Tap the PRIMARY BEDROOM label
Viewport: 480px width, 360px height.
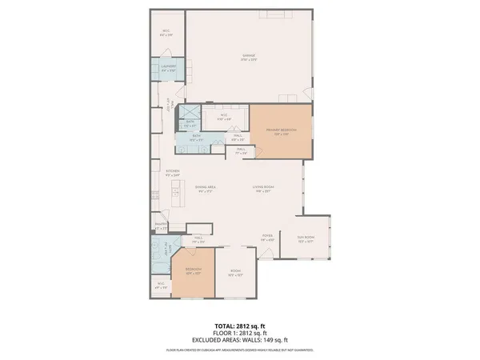pyautogui.click(x=282, y=130)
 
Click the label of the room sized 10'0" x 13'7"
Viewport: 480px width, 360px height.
pyautogui.click(x=236, y=272)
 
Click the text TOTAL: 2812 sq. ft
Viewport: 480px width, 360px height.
pyautogui.click(x=239, y=325)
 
